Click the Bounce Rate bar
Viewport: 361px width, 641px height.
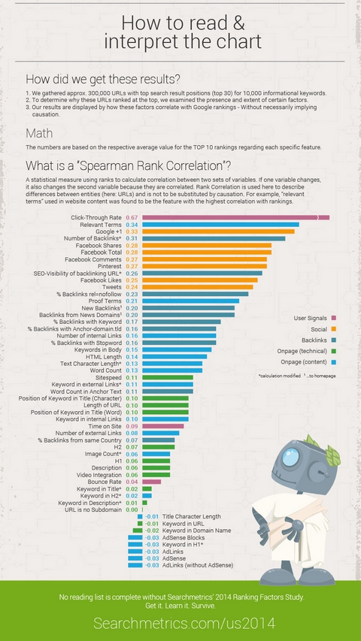tap(151, 482)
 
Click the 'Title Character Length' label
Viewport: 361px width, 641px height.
tap(191, 516)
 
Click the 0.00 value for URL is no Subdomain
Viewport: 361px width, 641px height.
tap(131, 509)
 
